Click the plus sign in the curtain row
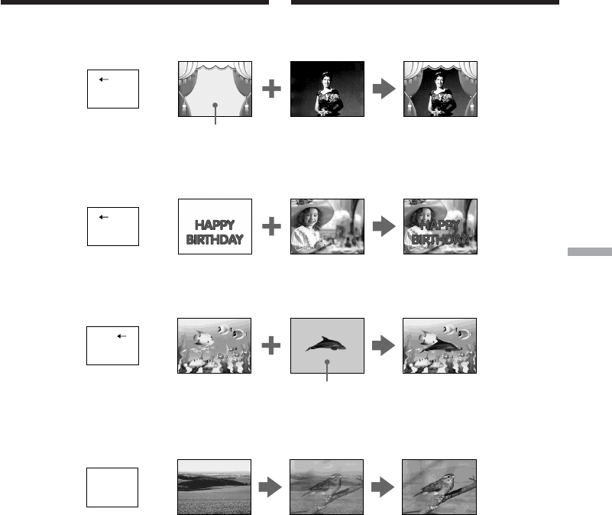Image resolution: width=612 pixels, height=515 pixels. point(272,89)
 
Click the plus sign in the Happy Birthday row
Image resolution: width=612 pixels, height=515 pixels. point(272,226)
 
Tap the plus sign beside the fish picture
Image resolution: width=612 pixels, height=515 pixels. point(271,345)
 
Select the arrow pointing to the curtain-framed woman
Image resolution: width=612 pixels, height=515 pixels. point(384,89)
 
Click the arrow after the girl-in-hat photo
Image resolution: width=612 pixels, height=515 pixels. point(384,226)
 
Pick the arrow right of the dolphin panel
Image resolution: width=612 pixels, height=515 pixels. point(384,345)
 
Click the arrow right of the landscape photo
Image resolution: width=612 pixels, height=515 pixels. point(270,487)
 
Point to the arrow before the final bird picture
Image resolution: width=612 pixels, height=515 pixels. point(383,487)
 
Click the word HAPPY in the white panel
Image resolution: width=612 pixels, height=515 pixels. point(215,225)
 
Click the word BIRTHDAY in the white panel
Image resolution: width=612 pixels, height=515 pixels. point(215,239)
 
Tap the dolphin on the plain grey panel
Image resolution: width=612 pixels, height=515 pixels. point(326,344)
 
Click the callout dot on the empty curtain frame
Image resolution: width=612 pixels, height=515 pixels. point(215,105)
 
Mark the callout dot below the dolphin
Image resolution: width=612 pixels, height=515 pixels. point(327,362)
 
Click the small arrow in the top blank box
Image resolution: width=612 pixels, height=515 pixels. point(104,79)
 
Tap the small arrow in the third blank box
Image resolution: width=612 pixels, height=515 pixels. point(121,336)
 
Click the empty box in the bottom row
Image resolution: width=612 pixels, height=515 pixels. point(112,487)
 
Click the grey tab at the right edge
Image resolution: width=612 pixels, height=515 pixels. point(590,252)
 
